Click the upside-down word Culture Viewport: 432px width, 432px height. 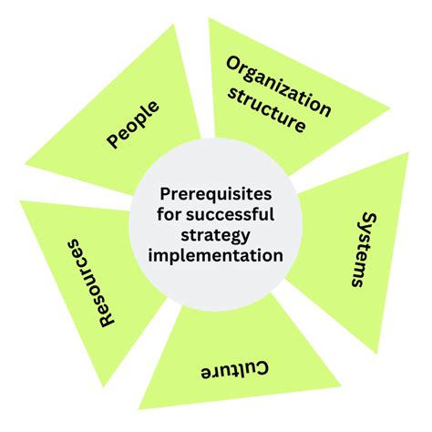click(234, 371)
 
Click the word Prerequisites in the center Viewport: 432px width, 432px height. click(215, 194)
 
